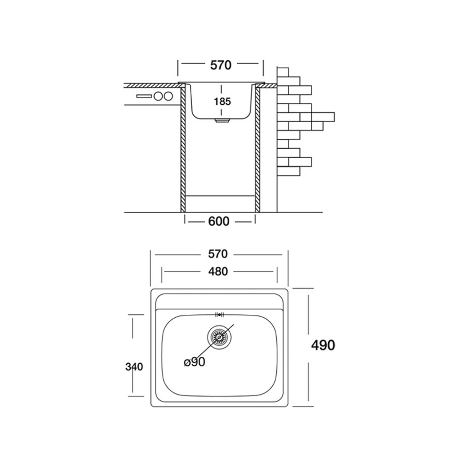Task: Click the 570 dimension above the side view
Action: click(221, 65)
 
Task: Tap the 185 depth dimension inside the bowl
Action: click(222, 102)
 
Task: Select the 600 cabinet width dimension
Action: click(219, 221)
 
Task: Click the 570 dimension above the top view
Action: click(218, 254)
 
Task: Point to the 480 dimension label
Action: click(218, 271)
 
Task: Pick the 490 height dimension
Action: click(323, 345)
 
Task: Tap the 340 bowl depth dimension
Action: click(134, 367)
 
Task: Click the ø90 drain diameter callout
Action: click(195, 362)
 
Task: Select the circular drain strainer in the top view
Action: click(219, 337)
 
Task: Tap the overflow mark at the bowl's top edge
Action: click(219, 314)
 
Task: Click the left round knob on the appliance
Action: click(158, 96)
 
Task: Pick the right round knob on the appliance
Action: click(168, 96)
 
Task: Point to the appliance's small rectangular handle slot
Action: click(144, 96)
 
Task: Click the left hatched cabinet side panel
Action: click(183, 148)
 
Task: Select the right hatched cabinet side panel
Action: click(257, 148)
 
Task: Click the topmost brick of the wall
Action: click(283, 72)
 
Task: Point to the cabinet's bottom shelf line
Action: click(220, 196)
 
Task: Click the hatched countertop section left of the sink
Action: click(153, 85)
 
